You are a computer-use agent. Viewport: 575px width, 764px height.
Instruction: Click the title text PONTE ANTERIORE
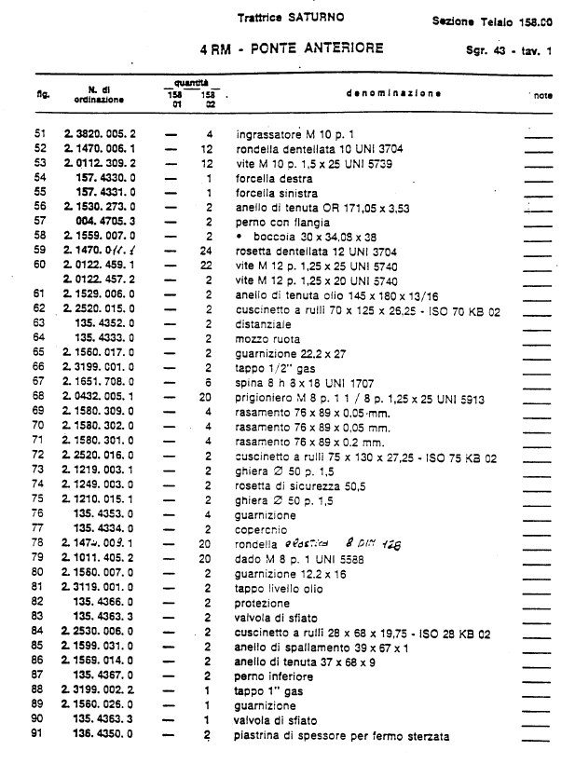317,47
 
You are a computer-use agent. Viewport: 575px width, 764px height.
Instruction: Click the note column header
543,95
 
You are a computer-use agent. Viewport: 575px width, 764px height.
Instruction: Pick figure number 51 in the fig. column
39,135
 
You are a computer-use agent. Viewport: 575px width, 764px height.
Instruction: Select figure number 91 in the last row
39,736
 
